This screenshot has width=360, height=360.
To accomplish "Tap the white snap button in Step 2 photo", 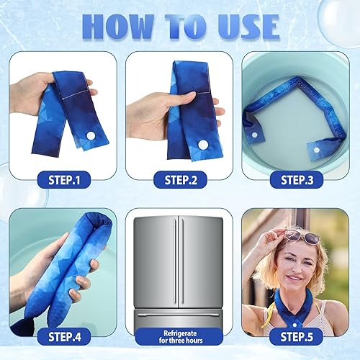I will coord(202,144).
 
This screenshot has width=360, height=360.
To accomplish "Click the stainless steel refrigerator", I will coord(180,266).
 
